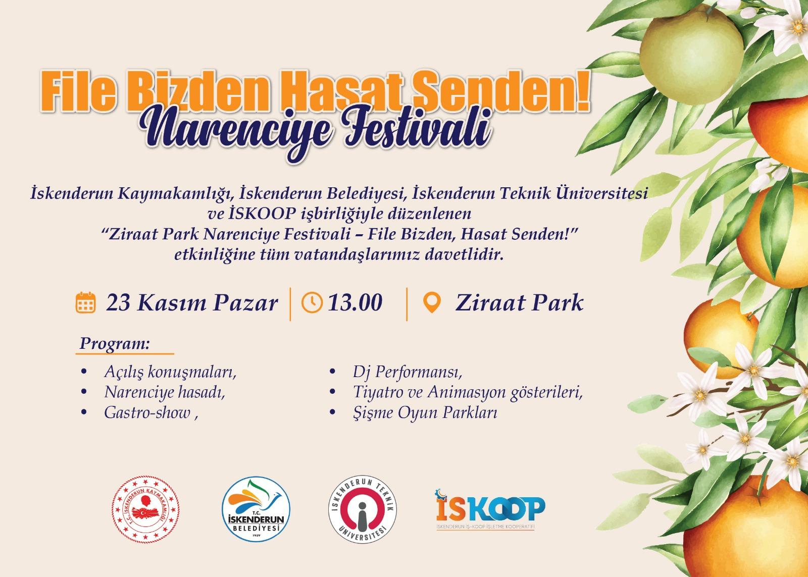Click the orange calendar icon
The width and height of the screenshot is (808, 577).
pyautogui.click(x=85, y=302)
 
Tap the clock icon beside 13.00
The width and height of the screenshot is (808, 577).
pyautogui.click(x=312, y=302)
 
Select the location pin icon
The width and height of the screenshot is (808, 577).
pyautogui.click(x=431, y=303)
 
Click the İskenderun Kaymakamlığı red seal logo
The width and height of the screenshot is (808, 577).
pyautogui.click(x=145, y=509)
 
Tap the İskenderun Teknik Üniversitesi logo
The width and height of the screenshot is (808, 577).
pyautogui.click(x=362, y=509)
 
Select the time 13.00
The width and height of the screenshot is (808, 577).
pyautogui.click(x=355, y=302)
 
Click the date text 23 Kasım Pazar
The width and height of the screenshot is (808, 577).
pyautogui.click(x=192, y=303)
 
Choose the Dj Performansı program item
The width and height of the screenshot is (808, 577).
pyautogui.click(x=408, y=372)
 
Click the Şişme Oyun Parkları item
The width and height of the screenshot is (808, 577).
pyautogui.click(x=425, y=413)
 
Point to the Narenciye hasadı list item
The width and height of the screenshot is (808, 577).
pyautogui.click(x=165, y=392)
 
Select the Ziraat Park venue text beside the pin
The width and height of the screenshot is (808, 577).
pyautogui.click(x=520, y=303)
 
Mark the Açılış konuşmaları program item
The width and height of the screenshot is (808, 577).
pyautogui.click(x=170, y=372)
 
